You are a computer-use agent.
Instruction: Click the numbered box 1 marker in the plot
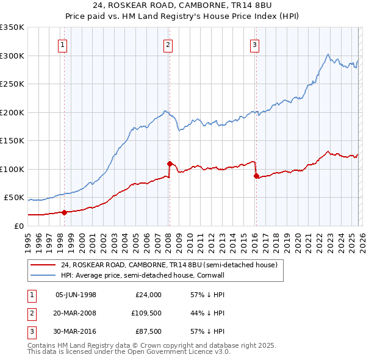tap(64, 44)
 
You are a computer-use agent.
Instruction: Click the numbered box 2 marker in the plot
tap(168, 44)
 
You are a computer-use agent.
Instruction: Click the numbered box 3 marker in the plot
tap(254, 44)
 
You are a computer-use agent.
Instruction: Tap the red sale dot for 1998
tap(64, 212)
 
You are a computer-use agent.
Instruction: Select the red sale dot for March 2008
tap(170, 164)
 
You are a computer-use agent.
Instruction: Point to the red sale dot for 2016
tap(256, 176)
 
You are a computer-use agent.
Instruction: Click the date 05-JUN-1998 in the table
tap(76, 295)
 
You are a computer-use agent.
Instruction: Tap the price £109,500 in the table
tap(146, 314)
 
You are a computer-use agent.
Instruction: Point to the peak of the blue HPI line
tap(328, 54)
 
